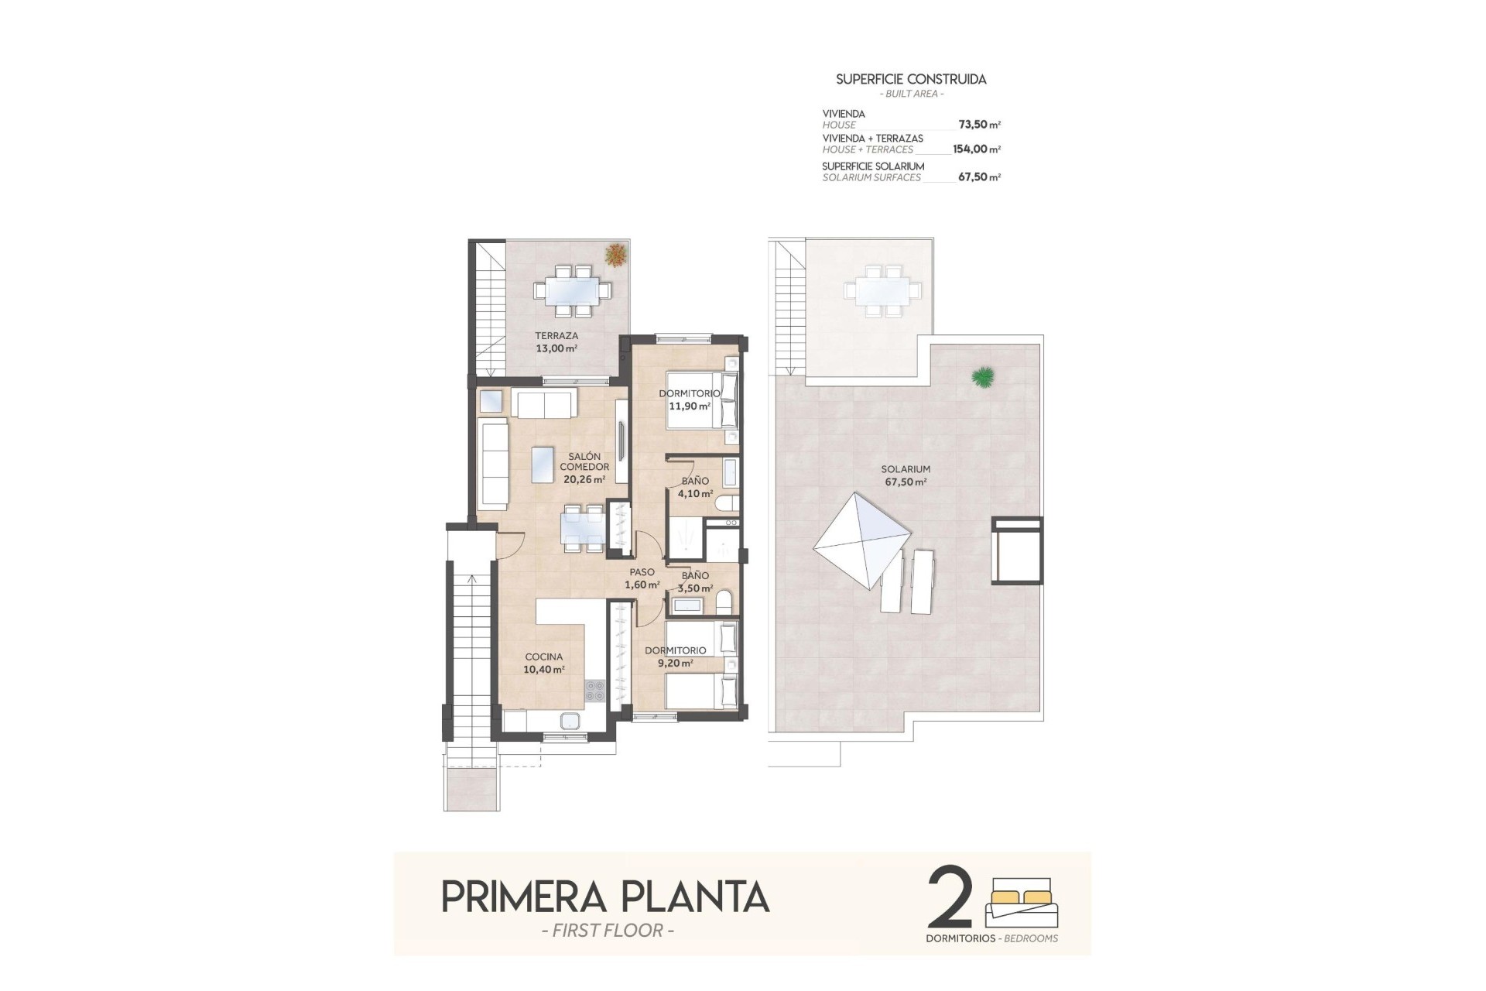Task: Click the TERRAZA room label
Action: (556, 336)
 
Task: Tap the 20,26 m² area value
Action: (584, 479)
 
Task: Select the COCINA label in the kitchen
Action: (544, 657)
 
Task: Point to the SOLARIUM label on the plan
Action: (906, 469)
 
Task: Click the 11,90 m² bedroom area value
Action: (690, 406)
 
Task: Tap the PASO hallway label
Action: (642, 572)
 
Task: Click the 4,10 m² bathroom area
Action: (695, 493)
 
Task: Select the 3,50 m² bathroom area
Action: (695, 588)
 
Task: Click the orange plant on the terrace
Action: (616, 255)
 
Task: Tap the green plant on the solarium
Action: (983, 377)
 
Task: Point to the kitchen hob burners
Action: (594, 690)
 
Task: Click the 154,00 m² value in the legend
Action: (976, 149)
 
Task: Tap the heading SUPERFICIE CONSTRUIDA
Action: (911, 79)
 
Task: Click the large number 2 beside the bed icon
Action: (950, 898)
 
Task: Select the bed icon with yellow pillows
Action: (1019, 902)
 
